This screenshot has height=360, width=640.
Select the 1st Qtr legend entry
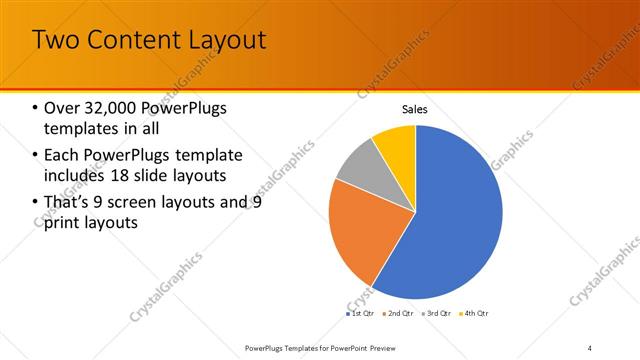click(361, 314)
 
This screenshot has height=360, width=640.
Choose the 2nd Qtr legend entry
click(400, 314)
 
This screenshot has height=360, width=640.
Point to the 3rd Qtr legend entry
click(439, 314)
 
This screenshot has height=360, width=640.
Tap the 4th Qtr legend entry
click(476, 314)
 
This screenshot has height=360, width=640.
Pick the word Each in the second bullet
click(61, 156)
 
